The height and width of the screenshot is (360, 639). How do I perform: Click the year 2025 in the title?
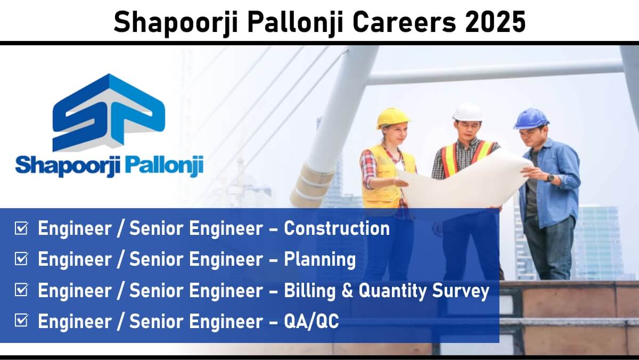(x=495, y=22)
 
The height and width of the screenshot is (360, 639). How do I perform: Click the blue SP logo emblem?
(x=109, y=112)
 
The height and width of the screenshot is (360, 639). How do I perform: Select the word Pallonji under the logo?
(x=165, y=166)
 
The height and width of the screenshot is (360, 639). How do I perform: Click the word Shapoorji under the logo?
(x=69, y=166)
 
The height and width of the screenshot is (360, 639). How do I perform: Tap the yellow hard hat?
(x=392, y=118)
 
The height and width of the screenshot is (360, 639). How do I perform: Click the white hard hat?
(x=468, y=112)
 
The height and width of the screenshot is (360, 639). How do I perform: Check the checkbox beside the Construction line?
(x=21, y=228)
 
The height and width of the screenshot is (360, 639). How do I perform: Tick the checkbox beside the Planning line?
(x=21, y=259)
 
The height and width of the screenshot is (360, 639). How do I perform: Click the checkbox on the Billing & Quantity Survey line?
(x=21, y=290)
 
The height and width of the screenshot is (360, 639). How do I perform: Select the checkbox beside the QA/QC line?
(x=21, y=320)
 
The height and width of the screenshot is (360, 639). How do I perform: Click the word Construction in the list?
(x=337, y=228)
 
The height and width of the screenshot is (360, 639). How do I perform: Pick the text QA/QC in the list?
(x=311, y=321)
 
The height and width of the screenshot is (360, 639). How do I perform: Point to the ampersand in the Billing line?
(x=347, y=290)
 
